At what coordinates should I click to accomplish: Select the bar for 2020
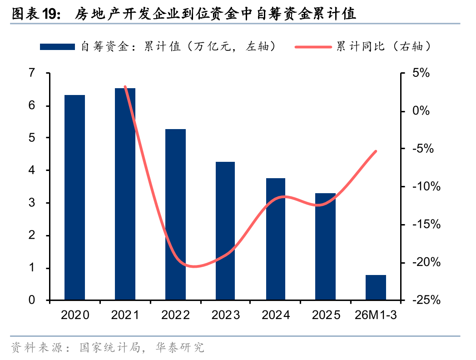click(x=75, y=198)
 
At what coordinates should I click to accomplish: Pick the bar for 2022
click(x=175, y=215)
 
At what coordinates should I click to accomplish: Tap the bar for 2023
click(x=225, y=231)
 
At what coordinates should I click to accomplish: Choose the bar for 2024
click(x=276, y=239)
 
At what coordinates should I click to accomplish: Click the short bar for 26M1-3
click(x=376, y=287)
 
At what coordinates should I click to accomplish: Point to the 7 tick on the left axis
click(x=31, y=73)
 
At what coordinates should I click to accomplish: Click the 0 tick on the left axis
click(x=31, y=300)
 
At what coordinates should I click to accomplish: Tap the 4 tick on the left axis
click(x=31, y=170)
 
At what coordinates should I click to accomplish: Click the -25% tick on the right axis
click(x=423, y=300)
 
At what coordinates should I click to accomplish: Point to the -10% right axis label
click(x=423, y=186)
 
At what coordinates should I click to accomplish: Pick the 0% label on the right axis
click(x=420, y=111)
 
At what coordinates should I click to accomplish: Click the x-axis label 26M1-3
click(x=376, y=315)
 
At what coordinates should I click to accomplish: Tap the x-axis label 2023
click(x=225, y=315)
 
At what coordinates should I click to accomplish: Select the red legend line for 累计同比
click(x=315, y=46)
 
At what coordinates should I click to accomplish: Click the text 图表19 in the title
click(x=35, y=15)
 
